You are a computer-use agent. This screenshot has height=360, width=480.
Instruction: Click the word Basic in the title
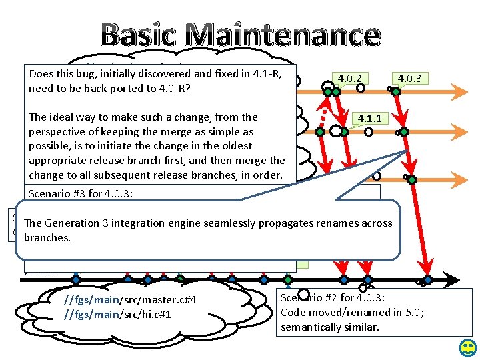tap(140, 35)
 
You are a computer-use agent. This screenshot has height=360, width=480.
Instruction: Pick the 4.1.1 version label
tap(369, 119)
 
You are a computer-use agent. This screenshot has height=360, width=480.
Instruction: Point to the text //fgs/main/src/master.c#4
tap(130, 300)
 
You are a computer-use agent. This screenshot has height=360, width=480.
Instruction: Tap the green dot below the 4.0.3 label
tap(396, 91)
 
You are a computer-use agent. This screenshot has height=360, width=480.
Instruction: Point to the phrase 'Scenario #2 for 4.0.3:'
tap(333, 299)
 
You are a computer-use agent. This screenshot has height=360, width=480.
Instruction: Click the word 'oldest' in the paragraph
tap(239, 145)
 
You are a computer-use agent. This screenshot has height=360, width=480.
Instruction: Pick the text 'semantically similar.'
tap(330, 327)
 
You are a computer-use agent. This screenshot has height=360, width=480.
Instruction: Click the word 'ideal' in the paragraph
tap(65, 117)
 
